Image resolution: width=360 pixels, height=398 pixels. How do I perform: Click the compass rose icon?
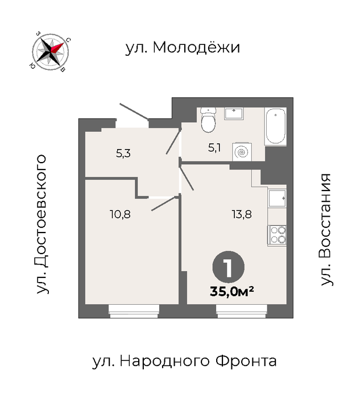point(51,52)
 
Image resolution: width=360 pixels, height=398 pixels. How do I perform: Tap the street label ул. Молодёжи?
point(183,47)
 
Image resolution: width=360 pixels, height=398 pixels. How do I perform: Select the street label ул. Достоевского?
point(42,224)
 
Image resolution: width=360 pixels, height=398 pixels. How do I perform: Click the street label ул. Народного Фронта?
point(184,361)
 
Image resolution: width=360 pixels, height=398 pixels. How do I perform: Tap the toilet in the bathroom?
point(208,119)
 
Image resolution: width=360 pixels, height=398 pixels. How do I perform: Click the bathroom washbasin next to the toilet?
point(234,114)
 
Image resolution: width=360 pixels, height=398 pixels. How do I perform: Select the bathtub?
point(275,126)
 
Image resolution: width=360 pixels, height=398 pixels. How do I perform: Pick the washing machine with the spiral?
point(242,152)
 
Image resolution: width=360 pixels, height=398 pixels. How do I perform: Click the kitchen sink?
point(277,198)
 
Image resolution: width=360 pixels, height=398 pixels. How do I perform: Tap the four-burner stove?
point(277,235)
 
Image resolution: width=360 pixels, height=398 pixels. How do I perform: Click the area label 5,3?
point(123,154)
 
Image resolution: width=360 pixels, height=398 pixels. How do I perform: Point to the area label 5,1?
point(214,148)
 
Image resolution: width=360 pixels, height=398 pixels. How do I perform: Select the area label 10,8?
point(120,214)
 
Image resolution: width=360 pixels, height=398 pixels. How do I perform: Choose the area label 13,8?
point(242,214)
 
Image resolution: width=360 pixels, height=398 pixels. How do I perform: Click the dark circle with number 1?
point(229,267)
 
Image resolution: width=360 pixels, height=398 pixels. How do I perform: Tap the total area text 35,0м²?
point(232,291)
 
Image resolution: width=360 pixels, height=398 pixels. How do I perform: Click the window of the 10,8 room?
point(134,311)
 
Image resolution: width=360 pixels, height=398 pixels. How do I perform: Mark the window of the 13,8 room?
point(242,311)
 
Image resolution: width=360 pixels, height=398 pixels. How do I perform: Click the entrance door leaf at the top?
point(134,111)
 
